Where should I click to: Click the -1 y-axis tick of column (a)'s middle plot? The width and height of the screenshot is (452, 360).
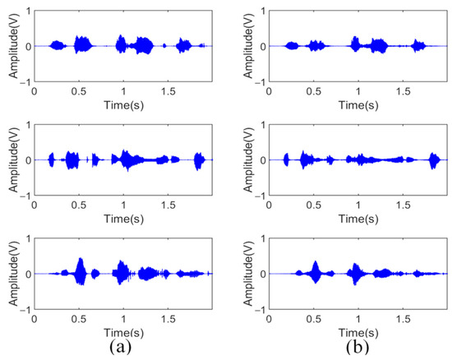tap(25, 195)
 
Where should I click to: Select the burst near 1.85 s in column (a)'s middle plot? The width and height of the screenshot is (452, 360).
tap(198, 159)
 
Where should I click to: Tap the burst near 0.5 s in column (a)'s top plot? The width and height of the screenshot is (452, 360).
tap(81, 44)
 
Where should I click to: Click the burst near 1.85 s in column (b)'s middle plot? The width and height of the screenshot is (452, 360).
tap(432, 159)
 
